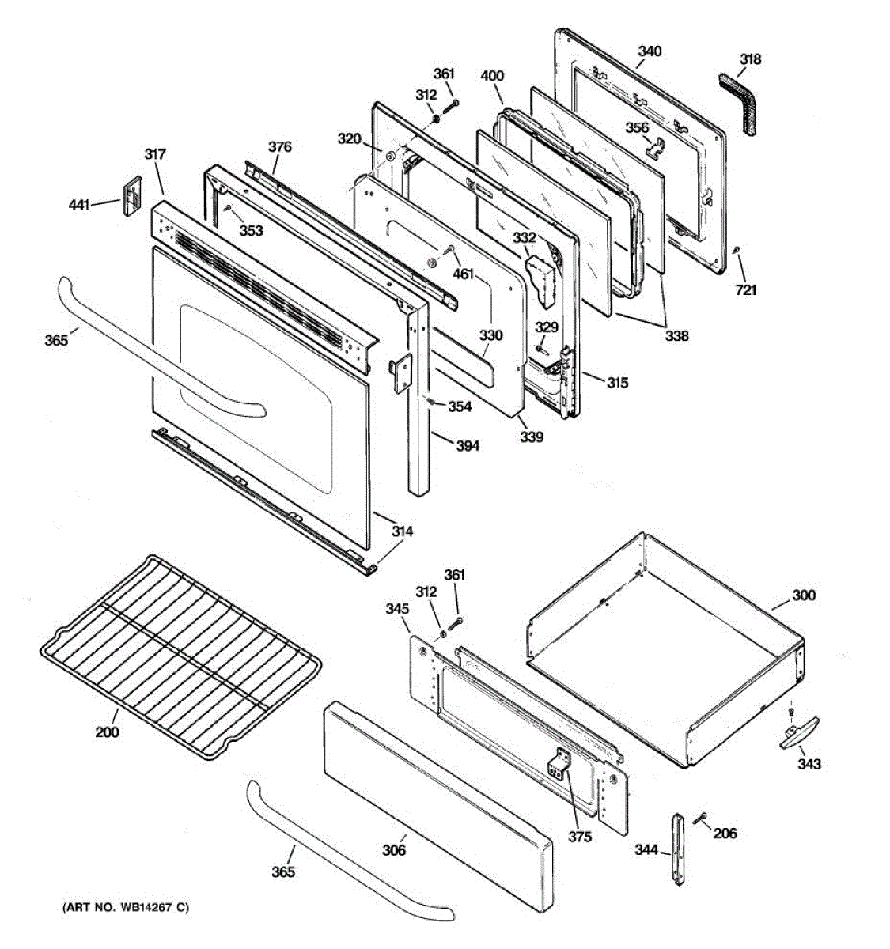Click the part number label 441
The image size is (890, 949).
pos(78,205)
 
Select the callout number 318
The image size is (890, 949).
pos(750,59)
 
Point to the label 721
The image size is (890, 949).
pos(745,290)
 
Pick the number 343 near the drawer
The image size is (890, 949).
pos(809,764)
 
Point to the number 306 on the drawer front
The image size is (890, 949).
pos(394,850)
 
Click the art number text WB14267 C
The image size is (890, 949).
pos(126,908)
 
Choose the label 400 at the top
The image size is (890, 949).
pos(492,76)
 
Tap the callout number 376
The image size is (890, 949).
pos(279,146)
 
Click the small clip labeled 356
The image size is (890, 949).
pos(653,146)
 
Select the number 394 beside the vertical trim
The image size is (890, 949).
pos(467,446)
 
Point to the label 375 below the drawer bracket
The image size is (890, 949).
pos(579,836)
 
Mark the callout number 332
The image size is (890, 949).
pos(524,237)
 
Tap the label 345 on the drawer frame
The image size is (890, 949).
pos(396,609)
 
